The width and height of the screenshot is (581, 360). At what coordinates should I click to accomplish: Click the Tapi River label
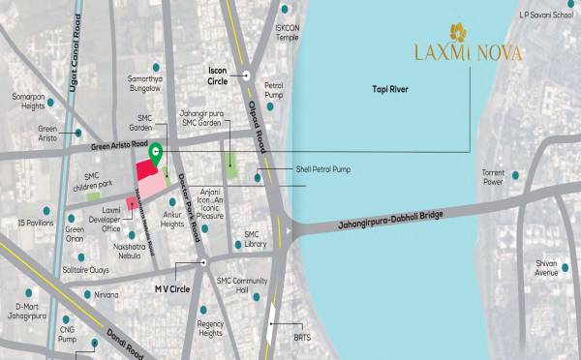[392, 88]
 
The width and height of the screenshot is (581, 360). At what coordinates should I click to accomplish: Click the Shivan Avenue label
[547, 268]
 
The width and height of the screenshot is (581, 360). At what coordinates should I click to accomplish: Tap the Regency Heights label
[211, 329]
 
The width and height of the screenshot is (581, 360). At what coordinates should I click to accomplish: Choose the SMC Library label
[255, 239]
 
